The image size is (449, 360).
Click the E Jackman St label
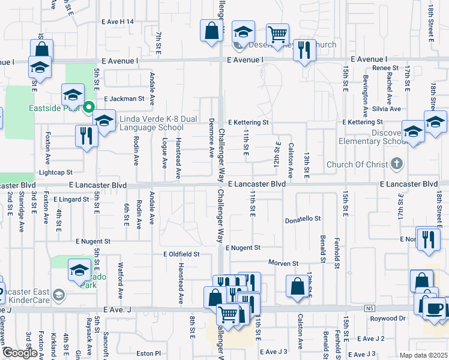[x=124, y=98]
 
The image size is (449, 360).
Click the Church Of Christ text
[x=357, y=164]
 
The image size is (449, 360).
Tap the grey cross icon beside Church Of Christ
[x=396, y=163]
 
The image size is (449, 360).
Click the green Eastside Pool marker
[x=89, y=108]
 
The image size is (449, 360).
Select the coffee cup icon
[x=436, y=308]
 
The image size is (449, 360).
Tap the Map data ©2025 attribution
[x=423, y=355]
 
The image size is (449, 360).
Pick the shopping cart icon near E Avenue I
[x=277, y=35]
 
